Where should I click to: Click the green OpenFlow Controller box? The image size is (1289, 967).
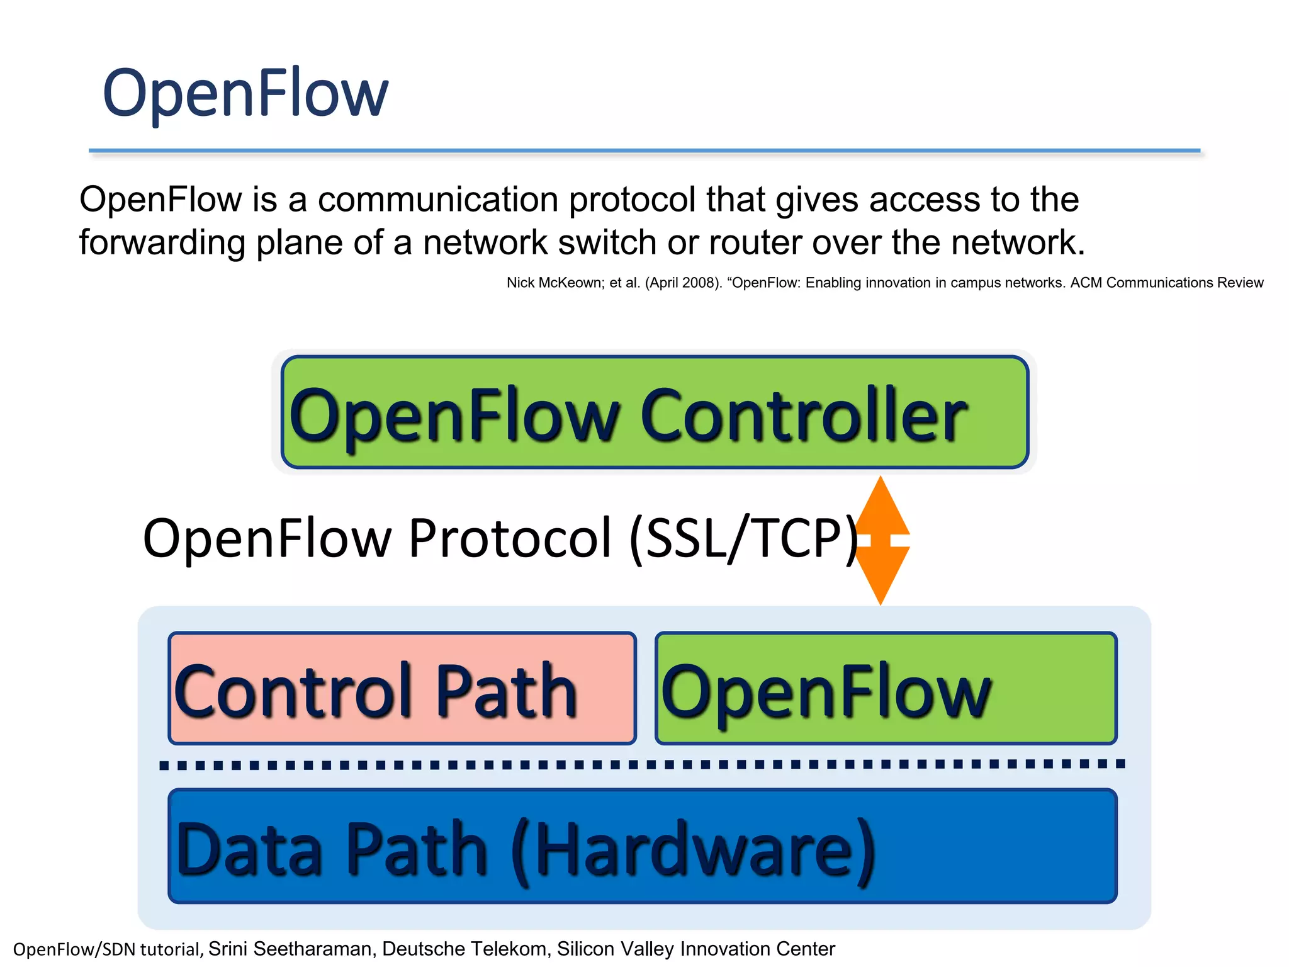tap(655, 412)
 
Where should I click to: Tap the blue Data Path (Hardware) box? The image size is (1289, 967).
tap(642, 847)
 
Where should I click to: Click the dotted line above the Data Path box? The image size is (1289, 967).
tap(642, 764)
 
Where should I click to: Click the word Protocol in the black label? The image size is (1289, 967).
tap(510, 538)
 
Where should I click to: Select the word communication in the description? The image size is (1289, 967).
tap(438, 200)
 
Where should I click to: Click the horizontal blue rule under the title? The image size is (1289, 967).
tap(642, 151)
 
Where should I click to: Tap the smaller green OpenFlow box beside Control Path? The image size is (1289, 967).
tap(886, 689)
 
